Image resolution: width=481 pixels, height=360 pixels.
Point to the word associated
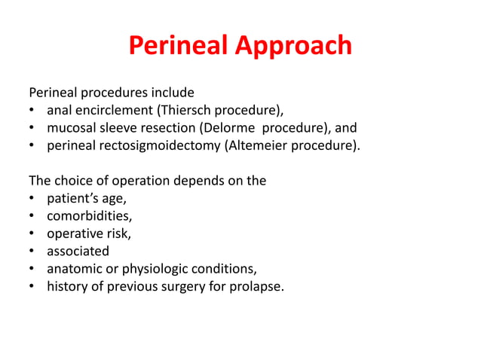tap(78, 251)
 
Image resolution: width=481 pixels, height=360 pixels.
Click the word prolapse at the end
tap(256, 285)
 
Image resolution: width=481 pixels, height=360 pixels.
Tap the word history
tap(66, 285)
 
